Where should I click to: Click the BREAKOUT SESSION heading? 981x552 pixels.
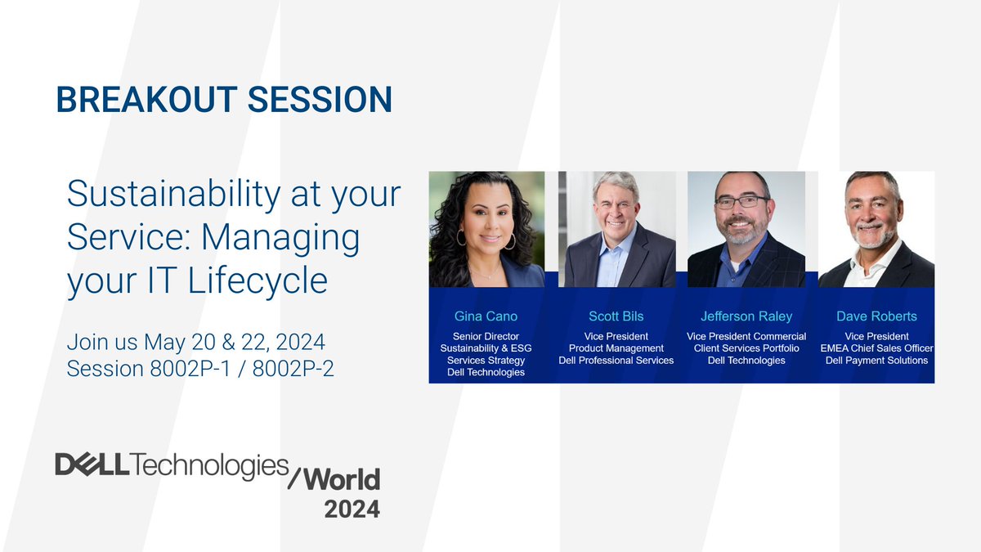click(x=223, y=100)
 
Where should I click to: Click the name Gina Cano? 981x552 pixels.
click(x=486, y=316)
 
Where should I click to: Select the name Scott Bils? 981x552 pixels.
click(x=616, y=316)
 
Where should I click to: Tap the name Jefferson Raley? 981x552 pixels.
click(x=746, y=316)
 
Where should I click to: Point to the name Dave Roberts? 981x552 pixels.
click(x=876, y=316)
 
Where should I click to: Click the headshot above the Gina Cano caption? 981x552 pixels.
click(x=486, y=229)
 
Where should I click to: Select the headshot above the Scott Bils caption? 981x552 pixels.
click(x=616, y=229)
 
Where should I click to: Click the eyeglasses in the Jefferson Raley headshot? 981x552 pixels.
click(x=741, y=201)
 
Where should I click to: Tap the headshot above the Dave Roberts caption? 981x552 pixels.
click(x=876, y=229)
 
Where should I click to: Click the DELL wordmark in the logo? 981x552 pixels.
click(x=90, y=464)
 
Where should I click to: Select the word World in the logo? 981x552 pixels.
click(x=342, y=478)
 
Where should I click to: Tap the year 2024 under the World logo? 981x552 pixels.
click(x=352, y=509)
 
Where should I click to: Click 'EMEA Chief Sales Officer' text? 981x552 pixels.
click(x=876, y=348)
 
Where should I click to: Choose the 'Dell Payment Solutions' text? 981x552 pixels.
click(x=876, y=361)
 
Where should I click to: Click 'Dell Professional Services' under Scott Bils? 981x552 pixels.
click(x=616, y=361)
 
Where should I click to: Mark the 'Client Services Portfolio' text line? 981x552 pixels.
click(x=746, y=348)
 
